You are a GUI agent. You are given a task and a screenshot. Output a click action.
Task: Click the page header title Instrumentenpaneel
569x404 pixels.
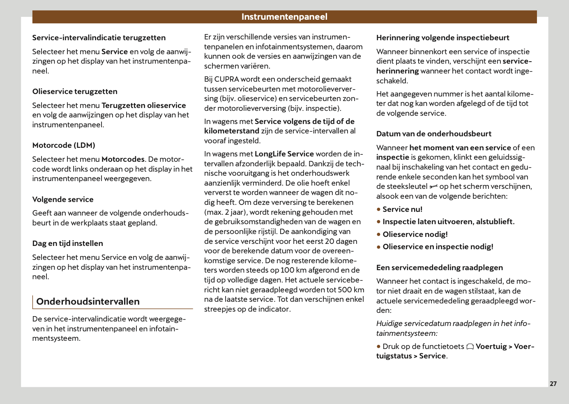pyautogui.click(x=284, y=17)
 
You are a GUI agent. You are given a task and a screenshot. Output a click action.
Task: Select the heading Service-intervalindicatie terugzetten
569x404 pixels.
pyautogui.click(x=99, y=38)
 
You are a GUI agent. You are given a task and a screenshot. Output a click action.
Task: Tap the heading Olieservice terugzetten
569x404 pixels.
pyautogui.click(x=75, y=92)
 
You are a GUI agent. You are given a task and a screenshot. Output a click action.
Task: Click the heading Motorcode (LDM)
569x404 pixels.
pyautogui.click(x=64, y=145)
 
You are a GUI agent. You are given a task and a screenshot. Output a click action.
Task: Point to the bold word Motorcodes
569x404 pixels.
pyautogui.click(x=123, y=159)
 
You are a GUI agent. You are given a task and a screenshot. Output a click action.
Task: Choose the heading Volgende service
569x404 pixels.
pyautogui.click(x=63, y=200)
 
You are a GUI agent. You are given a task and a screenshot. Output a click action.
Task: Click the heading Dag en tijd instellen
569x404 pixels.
pyautogui.click(x=68, y=243)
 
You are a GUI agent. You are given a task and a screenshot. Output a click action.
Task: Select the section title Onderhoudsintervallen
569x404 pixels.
pyautogui.click(x=88, y=301)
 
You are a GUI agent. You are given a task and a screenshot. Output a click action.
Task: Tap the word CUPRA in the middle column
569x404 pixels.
pyautogui.click(x=226, y=79)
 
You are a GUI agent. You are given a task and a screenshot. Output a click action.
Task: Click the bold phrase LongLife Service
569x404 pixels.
pyautogui.click(x=284, y=154)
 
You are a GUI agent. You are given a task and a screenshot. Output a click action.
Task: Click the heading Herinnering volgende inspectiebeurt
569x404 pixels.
pyautogui.click(x=442, y=38)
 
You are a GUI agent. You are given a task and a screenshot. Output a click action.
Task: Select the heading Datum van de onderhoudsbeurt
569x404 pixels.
pyautogui.click(x=434, y=134)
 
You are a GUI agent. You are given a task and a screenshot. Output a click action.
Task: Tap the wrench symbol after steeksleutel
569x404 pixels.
pyautogui.click(x=433, y=187)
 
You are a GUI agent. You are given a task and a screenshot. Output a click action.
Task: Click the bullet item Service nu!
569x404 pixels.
pyautogui.click(x=402, y=209)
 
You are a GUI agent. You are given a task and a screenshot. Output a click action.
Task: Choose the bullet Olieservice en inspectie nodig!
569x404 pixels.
pyautogui.click(x=438, y=247)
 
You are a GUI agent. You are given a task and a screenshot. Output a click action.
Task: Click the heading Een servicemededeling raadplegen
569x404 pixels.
pyautogui.click(x=439, y=268)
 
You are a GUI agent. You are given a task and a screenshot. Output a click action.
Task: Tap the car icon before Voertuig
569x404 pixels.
pyautogui.click(x=470, y=347)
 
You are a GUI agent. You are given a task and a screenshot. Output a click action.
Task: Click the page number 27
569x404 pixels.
pyautogui.click(x=553, y=383)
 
